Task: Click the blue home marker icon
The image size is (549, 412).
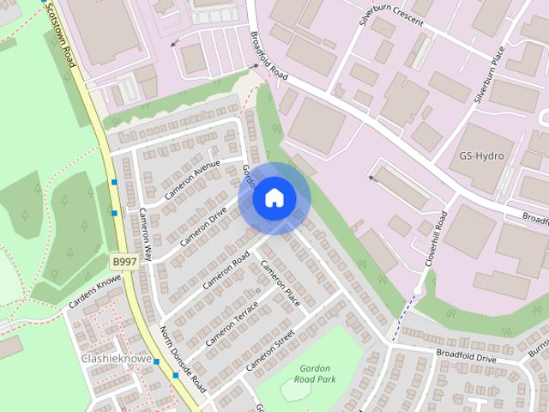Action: [274, 198]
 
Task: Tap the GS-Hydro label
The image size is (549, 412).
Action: [481, 156]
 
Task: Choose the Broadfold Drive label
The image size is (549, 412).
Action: [466, 354]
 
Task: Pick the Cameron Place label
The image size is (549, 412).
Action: [280, 287]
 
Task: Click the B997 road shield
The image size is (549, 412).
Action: [124, 258]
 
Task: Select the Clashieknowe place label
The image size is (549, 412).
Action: [116, 358]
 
